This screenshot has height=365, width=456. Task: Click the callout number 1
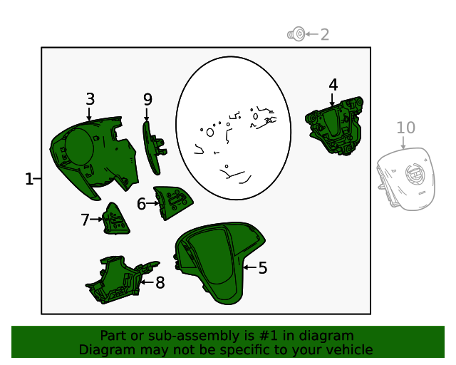click(x=28, y=179)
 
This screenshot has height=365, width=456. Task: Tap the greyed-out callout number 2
click(x=325, y=35)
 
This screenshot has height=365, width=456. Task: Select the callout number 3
click(x=90, y=99)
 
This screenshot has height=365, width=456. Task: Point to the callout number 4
click(x=333, y=85)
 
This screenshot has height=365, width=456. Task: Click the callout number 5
click(x=263, y=267)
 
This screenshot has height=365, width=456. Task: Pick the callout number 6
click(x=141, y=204)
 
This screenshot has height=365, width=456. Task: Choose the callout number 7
click(x=85, y=220)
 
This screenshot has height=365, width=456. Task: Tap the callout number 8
click(x=160, y=282)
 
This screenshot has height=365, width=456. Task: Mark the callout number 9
click(x=147, y=100)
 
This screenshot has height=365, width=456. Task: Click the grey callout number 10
click(x=405, y=128)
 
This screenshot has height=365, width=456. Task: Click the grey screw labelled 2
click(x=296, y=34)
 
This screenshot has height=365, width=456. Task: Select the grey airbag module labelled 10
click(x=406, y=178)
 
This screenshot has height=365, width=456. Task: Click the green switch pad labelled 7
click(x=115, y=219)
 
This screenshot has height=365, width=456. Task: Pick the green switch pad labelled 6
click(x=172, y=202)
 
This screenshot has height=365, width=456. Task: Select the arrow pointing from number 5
click(x=250, y=267)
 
